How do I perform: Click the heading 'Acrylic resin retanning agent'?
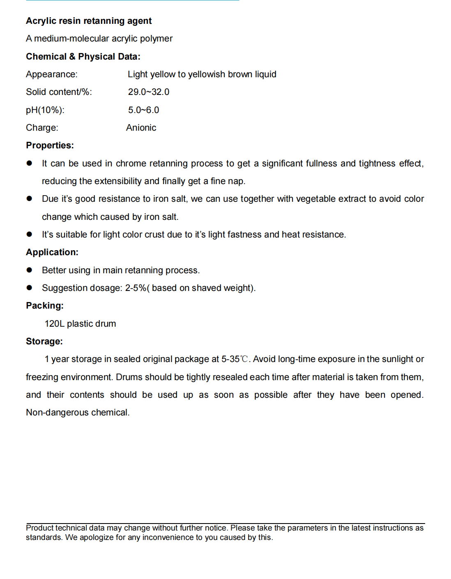(89, 21)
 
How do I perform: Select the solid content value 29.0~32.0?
(148, 92)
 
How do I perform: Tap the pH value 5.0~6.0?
(143, 110)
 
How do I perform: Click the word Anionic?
(141, 128)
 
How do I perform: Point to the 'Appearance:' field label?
(51, 74)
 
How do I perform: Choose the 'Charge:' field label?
(42, 128)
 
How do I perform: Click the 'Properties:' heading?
(50, 145)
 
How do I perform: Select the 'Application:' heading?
(52, 252)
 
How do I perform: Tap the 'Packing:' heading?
(44, 306)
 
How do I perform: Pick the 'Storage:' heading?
(44, 341)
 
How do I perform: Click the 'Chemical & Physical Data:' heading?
(83, 57)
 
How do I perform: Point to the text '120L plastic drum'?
(80, 324)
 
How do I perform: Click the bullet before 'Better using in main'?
(29, 270)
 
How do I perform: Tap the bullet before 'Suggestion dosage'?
(29, 288)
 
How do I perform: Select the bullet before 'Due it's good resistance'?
(29, 198)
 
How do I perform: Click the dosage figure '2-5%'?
(136, 288)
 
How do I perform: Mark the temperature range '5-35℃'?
(235, 359)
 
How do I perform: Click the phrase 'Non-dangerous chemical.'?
(78, 413)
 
